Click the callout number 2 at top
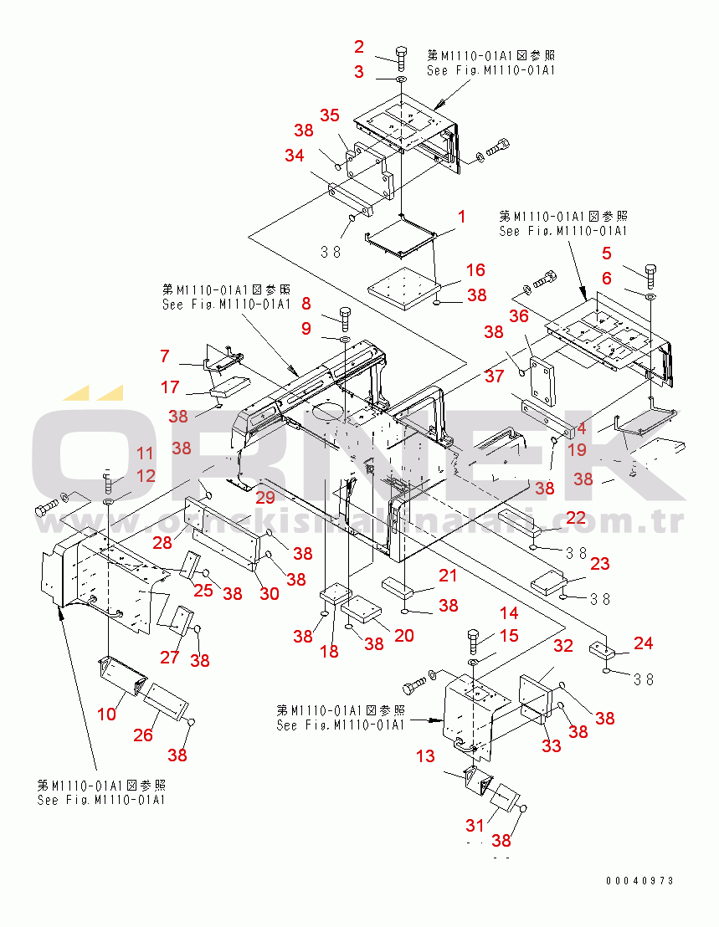point(359,46)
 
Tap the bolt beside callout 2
point(400,57)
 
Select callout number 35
point(329,115)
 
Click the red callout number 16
point(475,269)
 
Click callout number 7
point(165,356)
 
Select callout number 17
point(171,387)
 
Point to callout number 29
point(264,497)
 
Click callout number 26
point(144,735)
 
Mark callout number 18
point(330,650)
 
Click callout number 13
point(425,756)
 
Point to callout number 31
point(475,825)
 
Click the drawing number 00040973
point(639,881)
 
